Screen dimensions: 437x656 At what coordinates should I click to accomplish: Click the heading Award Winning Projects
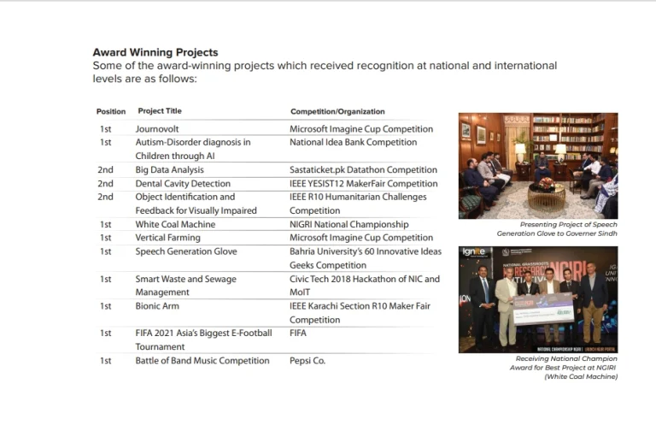point(155,52)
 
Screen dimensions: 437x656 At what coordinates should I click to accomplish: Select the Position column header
point(110,111)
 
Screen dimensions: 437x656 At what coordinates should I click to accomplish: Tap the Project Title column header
point(160,111)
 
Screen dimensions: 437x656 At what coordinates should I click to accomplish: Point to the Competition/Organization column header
point(337,111)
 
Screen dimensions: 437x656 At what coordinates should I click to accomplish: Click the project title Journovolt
point(157,129)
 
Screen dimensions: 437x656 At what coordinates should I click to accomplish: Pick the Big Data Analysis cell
point(169,170)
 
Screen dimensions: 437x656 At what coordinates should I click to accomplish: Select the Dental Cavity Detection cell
point(183,184)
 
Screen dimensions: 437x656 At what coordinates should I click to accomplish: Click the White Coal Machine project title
point(175,225)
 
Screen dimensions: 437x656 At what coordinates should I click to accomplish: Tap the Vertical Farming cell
point(167,238)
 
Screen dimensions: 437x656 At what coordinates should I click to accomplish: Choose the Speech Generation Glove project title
point(186,251)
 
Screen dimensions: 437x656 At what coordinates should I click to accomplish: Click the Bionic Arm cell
point(157,306)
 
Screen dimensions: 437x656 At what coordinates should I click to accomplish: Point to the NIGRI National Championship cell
point(348,225)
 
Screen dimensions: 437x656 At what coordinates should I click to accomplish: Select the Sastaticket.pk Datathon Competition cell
point(363,170)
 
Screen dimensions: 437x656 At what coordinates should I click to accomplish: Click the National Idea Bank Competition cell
point(353,143)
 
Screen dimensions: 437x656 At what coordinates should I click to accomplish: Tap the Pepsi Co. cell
point(307,361)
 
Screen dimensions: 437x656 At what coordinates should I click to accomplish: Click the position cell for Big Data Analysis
point(105,170)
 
